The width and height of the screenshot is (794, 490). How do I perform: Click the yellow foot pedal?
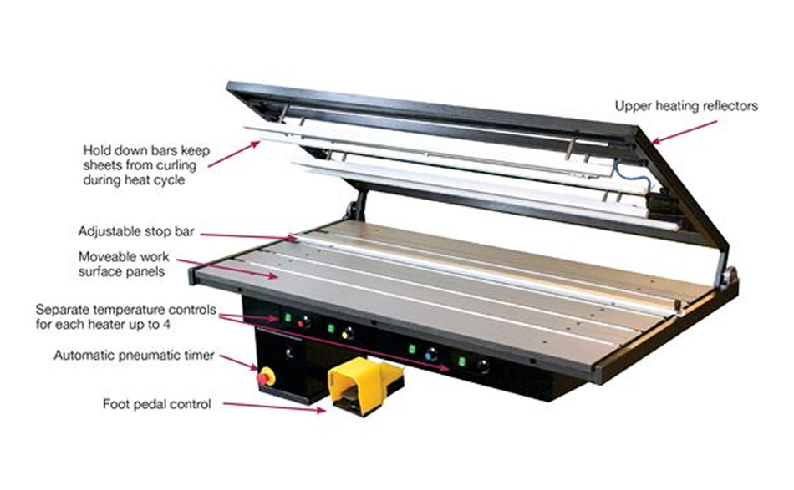click(x=365, y=384)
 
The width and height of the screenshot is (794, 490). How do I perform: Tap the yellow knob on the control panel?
click(x=347, y=334)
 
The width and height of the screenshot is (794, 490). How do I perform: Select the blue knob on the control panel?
click(x=431, y=354)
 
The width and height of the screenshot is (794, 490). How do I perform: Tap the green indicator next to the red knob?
click(x=288, y=317)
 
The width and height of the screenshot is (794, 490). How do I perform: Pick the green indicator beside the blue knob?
click(x=412, y=350)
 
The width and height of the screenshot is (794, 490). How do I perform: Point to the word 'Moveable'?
click(x=103, y=256)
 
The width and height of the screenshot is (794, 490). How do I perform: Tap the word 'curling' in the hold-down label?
click(x=176, y=165)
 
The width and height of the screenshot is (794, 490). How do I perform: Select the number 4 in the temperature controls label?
click(x=166, y=325)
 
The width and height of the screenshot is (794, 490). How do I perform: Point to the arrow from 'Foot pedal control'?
click(x=274, y=407)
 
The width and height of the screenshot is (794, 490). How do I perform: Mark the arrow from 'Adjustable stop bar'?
click(x=248, y=236)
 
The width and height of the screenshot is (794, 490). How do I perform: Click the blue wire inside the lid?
click(x=630, y=174)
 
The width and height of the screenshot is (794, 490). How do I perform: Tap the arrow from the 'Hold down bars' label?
click(x=234, y=154)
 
